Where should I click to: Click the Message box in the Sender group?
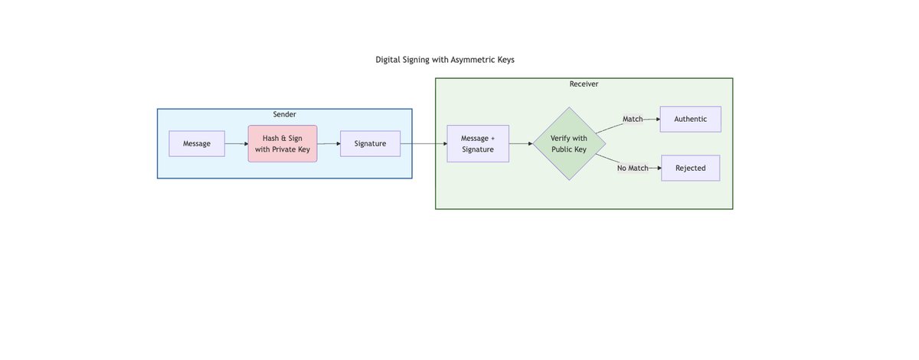[197, 143]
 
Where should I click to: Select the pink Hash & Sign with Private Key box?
[282, 143]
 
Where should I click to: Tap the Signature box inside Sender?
[370, 143]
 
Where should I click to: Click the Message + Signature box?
[478, 143]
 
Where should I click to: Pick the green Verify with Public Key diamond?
[569, 143]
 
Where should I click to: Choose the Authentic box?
[690, 119]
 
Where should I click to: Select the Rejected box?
[690, 168]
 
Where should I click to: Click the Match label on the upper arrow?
[633, 119]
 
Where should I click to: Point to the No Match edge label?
[633, 168]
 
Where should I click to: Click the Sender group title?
[284, 115]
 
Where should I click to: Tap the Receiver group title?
[584, 84]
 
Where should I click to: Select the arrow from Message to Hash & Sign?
[236, 143]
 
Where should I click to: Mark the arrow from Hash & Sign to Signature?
[328, 143]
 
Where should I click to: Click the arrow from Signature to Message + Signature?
[424, 143]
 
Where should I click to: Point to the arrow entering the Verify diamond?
[521, 143]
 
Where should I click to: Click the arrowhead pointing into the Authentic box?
[657, 119]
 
